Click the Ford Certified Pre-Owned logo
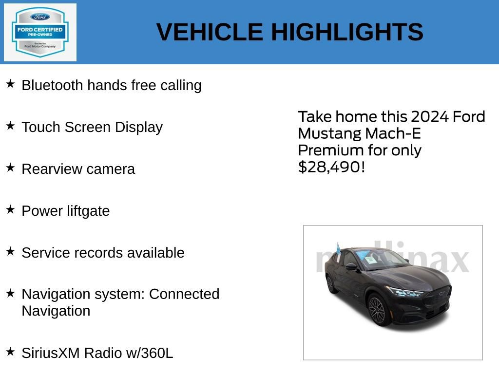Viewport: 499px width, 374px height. [x=40, y=32]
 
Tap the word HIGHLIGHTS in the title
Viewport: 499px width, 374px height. [x=347, y=32]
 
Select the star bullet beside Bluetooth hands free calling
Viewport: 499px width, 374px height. [x=11, y=84]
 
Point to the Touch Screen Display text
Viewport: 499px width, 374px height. [x=92, y=127]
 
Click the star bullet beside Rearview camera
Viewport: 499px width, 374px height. [x=11, y=168]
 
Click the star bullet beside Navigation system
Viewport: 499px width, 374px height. [x=11, y=293]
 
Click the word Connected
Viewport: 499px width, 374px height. [x=184, y=294]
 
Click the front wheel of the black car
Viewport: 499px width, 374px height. [x=377, y=308]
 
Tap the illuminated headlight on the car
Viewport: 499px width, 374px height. [x=405, y=292]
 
